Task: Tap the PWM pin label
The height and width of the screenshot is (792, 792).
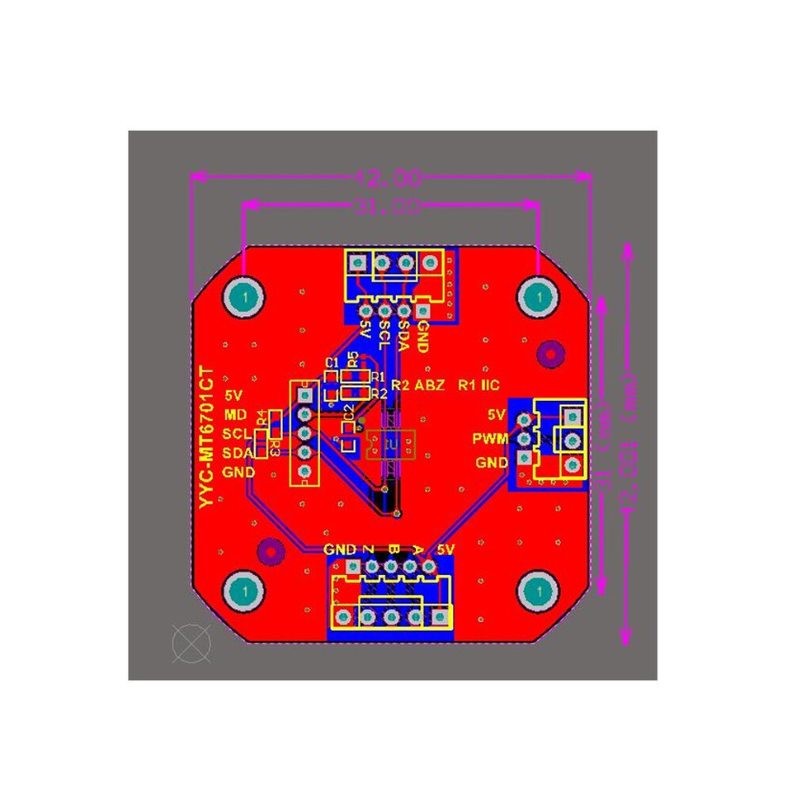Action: point(489,439)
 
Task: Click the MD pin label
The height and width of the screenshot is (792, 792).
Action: point(236,413)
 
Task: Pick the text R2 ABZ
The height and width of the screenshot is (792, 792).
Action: point(418,385)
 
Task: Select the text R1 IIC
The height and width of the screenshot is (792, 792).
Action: point(479,385)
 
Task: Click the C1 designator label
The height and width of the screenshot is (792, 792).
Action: point(332,363)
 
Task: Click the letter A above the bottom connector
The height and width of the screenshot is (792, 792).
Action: point(417,549)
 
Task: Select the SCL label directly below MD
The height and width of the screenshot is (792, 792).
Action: point(237,433)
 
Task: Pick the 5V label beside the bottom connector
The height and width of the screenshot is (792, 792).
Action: point(445,549)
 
